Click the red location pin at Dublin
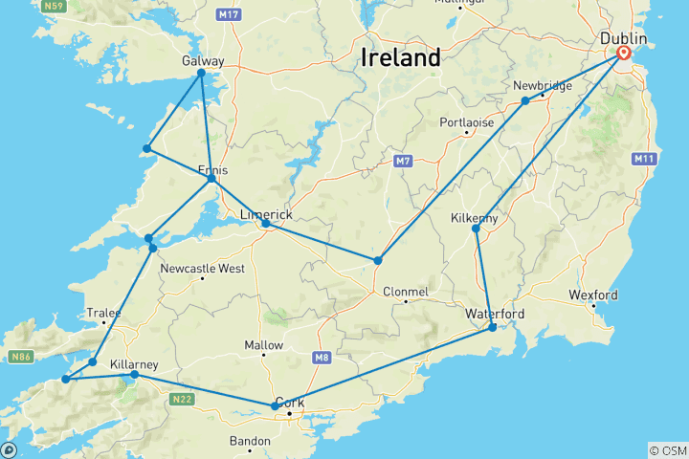624,55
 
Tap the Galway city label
202,61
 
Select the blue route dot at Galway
201,74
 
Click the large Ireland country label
401,57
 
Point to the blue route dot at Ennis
211,179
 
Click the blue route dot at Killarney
134,375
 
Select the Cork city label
289,403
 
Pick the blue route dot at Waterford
493,328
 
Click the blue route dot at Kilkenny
477,229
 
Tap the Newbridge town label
543,85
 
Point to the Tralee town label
104,313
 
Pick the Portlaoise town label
466,122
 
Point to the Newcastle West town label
202,269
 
